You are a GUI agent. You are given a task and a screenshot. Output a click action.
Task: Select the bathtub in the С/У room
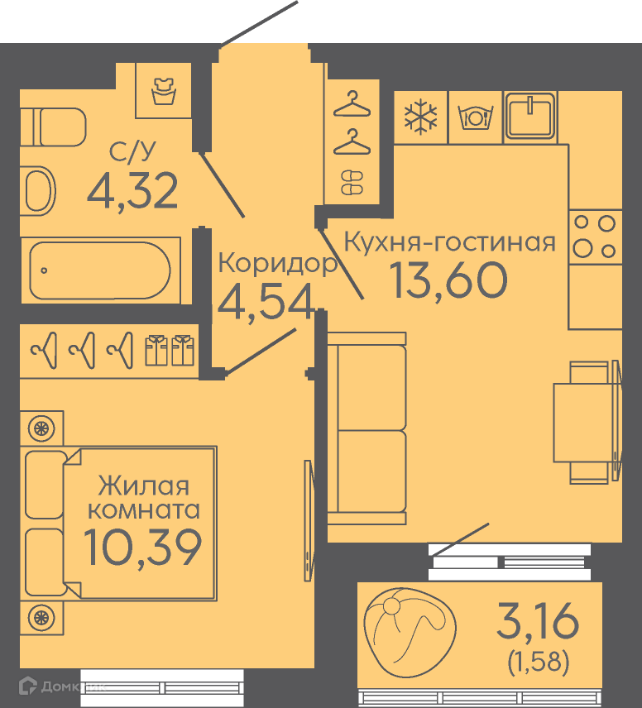(100, 270)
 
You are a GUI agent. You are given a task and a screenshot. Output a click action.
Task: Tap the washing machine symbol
(164, 91)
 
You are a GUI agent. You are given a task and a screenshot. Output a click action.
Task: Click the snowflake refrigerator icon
(420, 117)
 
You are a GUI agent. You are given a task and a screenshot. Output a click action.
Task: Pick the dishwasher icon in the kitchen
(475, 117)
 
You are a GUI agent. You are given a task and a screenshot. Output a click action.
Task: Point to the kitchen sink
(530, 116)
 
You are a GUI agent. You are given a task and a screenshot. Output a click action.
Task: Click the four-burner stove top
(595, 237)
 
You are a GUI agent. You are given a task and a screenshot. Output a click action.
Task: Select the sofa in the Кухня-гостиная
(367, 428)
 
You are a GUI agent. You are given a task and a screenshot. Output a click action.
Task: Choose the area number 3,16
(538, 621)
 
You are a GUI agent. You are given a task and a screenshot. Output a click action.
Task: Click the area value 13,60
(448, 280)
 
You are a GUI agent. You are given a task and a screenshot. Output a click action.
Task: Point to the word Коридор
(278, 262)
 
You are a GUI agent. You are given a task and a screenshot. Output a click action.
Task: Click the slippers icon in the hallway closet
(352, 183)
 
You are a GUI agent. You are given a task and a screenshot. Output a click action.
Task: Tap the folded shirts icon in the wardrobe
(170, 350)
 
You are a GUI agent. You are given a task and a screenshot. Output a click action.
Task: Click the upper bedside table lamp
(41, 428)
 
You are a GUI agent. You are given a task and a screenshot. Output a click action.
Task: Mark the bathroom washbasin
(38, 190)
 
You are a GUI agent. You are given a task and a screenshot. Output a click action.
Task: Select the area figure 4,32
(132, 190)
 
